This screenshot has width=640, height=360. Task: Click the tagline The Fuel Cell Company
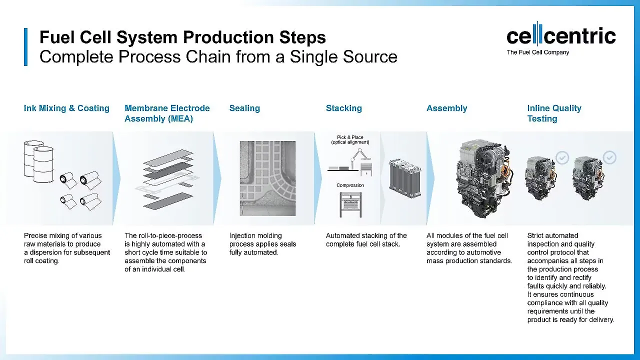pyautogui.click(x=537, y=52)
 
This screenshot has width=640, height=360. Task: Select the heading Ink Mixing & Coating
pyautogui.click(x=66, y=108)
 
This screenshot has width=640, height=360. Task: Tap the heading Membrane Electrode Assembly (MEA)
pyautogui.click(x=167, y=113)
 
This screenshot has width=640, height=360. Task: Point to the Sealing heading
pyautogui.click(x=244, y=108)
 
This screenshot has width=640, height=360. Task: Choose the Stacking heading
pyautogui.click(x=343, y=108)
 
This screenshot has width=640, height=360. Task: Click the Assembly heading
pyautogui.click(x=446, y=108)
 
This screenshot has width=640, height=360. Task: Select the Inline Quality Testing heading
pyautogui.click(x=554, y=113)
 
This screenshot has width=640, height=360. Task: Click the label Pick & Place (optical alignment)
pyautogui.click(x=350, y=139)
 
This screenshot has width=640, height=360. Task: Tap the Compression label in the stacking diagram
pyautogui.click(x=350, y=185)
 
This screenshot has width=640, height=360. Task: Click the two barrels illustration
pyautogui.click(x=38, y=160)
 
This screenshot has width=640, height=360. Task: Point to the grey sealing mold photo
pyautogui.click(x=267, y=178)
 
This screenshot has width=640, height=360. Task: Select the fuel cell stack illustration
pyautogui.click(x=404, y=177)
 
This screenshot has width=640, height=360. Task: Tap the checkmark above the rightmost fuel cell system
pyautogui.click(x=609, y=158)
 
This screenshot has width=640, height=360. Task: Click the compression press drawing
pyautogui.click(x=350, y=204)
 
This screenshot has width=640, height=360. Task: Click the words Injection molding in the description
pyautogui.click(x=255, y=235)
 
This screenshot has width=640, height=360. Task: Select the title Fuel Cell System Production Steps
pyautogui.click(x=182, y=37)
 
